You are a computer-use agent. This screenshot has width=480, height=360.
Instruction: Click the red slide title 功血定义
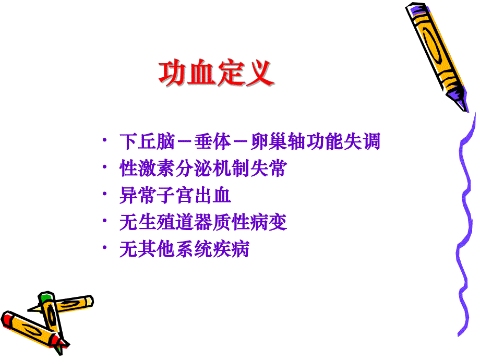[217, 74]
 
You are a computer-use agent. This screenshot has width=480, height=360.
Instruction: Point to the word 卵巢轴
[277, 142]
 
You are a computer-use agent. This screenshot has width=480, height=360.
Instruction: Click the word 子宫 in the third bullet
[179, 196]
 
